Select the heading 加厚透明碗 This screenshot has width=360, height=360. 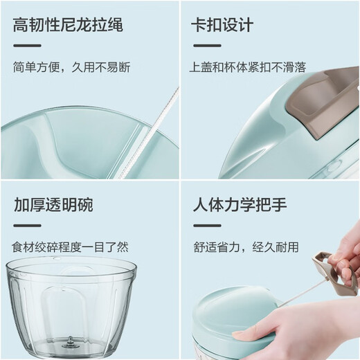53,206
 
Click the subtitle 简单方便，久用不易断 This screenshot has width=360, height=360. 71,68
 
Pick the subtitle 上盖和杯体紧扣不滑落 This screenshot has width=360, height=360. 247,68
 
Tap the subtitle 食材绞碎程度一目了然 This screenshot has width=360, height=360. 70,246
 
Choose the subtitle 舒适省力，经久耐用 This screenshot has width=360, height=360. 246,246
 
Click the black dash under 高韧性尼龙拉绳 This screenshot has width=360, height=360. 27,46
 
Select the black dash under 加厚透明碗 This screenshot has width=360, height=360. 27,225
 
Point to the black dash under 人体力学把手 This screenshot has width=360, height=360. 206,225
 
